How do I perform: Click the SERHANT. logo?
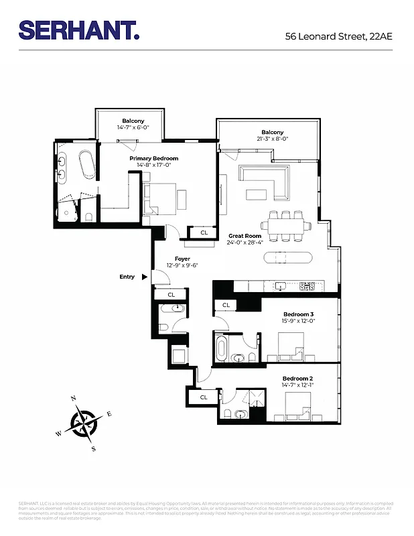[x=79, y=30]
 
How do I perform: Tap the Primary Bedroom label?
[x=154, y=158]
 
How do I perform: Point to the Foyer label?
[x=182, y=259]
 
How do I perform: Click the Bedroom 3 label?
[x=298, y=314]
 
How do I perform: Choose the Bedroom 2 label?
[x=297, y=379]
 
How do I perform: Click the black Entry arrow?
[x=144, y=277]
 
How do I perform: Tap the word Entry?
[x=127, y=277]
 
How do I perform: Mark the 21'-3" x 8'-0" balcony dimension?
[x=273, y=139]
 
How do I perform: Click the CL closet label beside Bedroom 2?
[x=204, y=397]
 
